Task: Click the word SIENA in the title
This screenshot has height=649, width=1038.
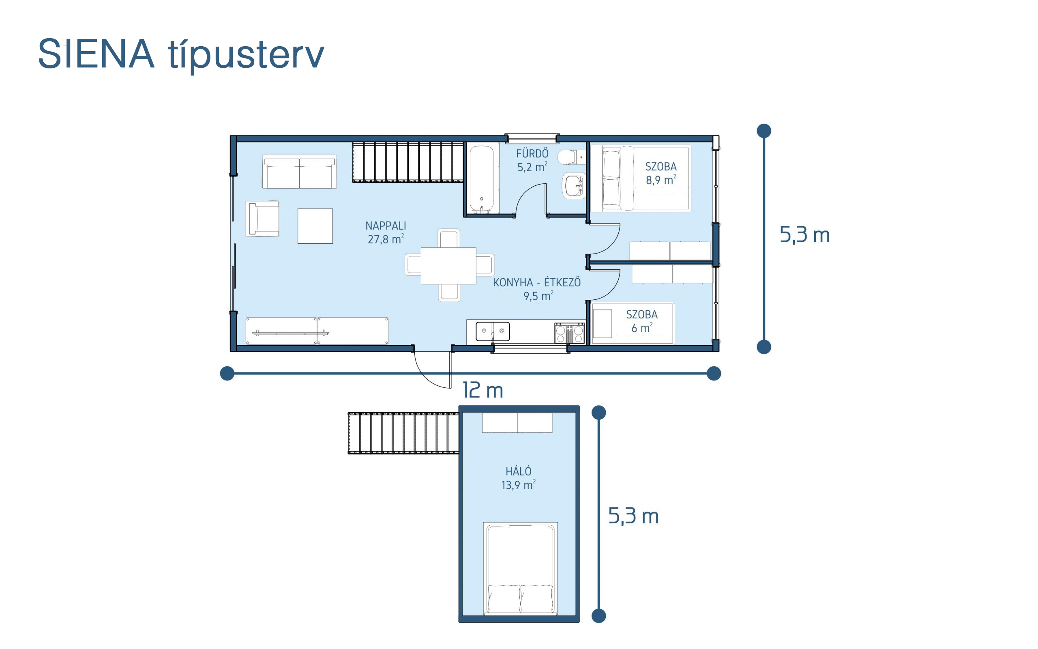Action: [x=96, y=54]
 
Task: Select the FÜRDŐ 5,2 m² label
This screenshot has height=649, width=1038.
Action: [x=532, y=160]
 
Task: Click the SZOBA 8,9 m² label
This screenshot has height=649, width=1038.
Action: [x=661, y=173]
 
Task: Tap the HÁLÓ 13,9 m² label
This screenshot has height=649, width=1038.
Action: [x=519, y=478]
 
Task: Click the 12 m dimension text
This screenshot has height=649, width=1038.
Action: [x=483, y=391]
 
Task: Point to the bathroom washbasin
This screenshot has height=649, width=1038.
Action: [x=574, y=186]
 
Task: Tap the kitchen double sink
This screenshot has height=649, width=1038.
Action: [x=493, y=331]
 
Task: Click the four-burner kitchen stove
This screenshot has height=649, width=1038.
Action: [x=569, y=333]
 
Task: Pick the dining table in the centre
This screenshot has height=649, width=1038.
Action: [x=449, y=266]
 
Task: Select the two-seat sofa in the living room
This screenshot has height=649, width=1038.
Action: [x=299, y=172]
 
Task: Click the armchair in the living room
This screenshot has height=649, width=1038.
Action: [x=262, y=219]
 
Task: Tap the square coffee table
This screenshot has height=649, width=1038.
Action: [x=315, y=226]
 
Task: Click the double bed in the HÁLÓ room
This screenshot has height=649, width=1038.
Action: [x=520, y=569]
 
